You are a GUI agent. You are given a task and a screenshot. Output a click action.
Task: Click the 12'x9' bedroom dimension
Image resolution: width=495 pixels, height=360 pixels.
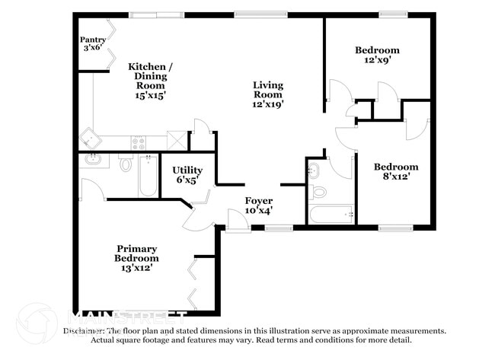click(377, 61)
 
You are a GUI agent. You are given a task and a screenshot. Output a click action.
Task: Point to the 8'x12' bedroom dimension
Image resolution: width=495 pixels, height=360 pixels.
click(395, 177)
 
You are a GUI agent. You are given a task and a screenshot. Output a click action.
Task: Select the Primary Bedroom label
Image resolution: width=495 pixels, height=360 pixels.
click(137, 253)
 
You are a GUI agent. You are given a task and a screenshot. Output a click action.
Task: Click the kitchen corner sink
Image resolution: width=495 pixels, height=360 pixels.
click(91, 140)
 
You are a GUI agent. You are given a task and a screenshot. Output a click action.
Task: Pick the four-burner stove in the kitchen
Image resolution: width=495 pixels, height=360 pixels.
click(139, 141)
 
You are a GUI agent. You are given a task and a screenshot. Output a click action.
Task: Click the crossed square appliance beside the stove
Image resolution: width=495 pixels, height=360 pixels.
click(176, 140)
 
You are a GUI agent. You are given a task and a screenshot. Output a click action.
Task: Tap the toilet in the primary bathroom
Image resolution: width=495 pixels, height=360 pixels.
click(126, 162)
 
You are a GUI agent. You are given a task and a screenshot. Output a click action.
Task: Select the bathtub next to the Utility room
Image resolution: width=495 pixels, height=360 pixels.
click(148, 175)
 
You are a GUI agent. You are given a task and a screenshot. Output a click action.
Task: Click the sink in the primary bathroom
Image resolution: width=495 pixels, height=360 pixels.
click(93, 160)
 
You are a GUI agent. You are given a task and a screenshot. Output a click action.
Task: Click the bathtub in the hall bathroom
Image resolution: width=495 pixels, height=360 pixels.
click(332, 215)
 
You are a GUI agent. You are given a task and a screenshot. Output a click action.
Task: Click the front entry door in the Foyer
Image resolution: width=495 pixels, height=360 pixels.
click(238, 221)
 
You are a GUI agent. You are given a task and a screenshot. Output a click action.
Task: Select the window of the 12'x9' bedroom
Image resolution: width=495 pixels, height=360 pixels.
click(393, 14)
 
